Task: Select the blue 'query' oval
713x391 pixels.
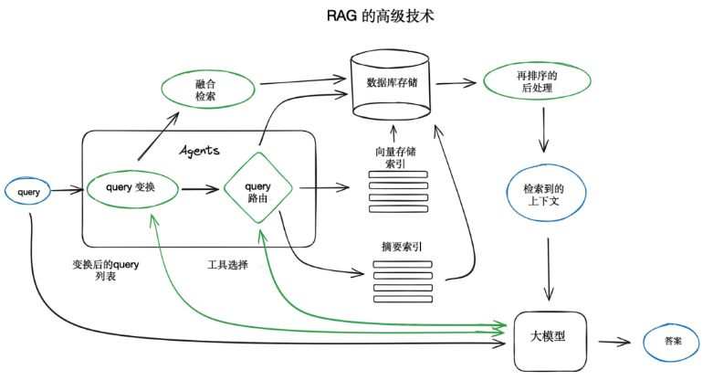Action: pos(29,191)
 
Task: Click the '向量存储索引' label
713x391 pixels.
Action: pos(395,157)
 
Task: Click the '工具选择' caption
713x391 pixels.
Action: pos(227,265)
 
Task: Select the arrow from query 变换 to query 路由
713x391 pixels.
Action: pos(202,189)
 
